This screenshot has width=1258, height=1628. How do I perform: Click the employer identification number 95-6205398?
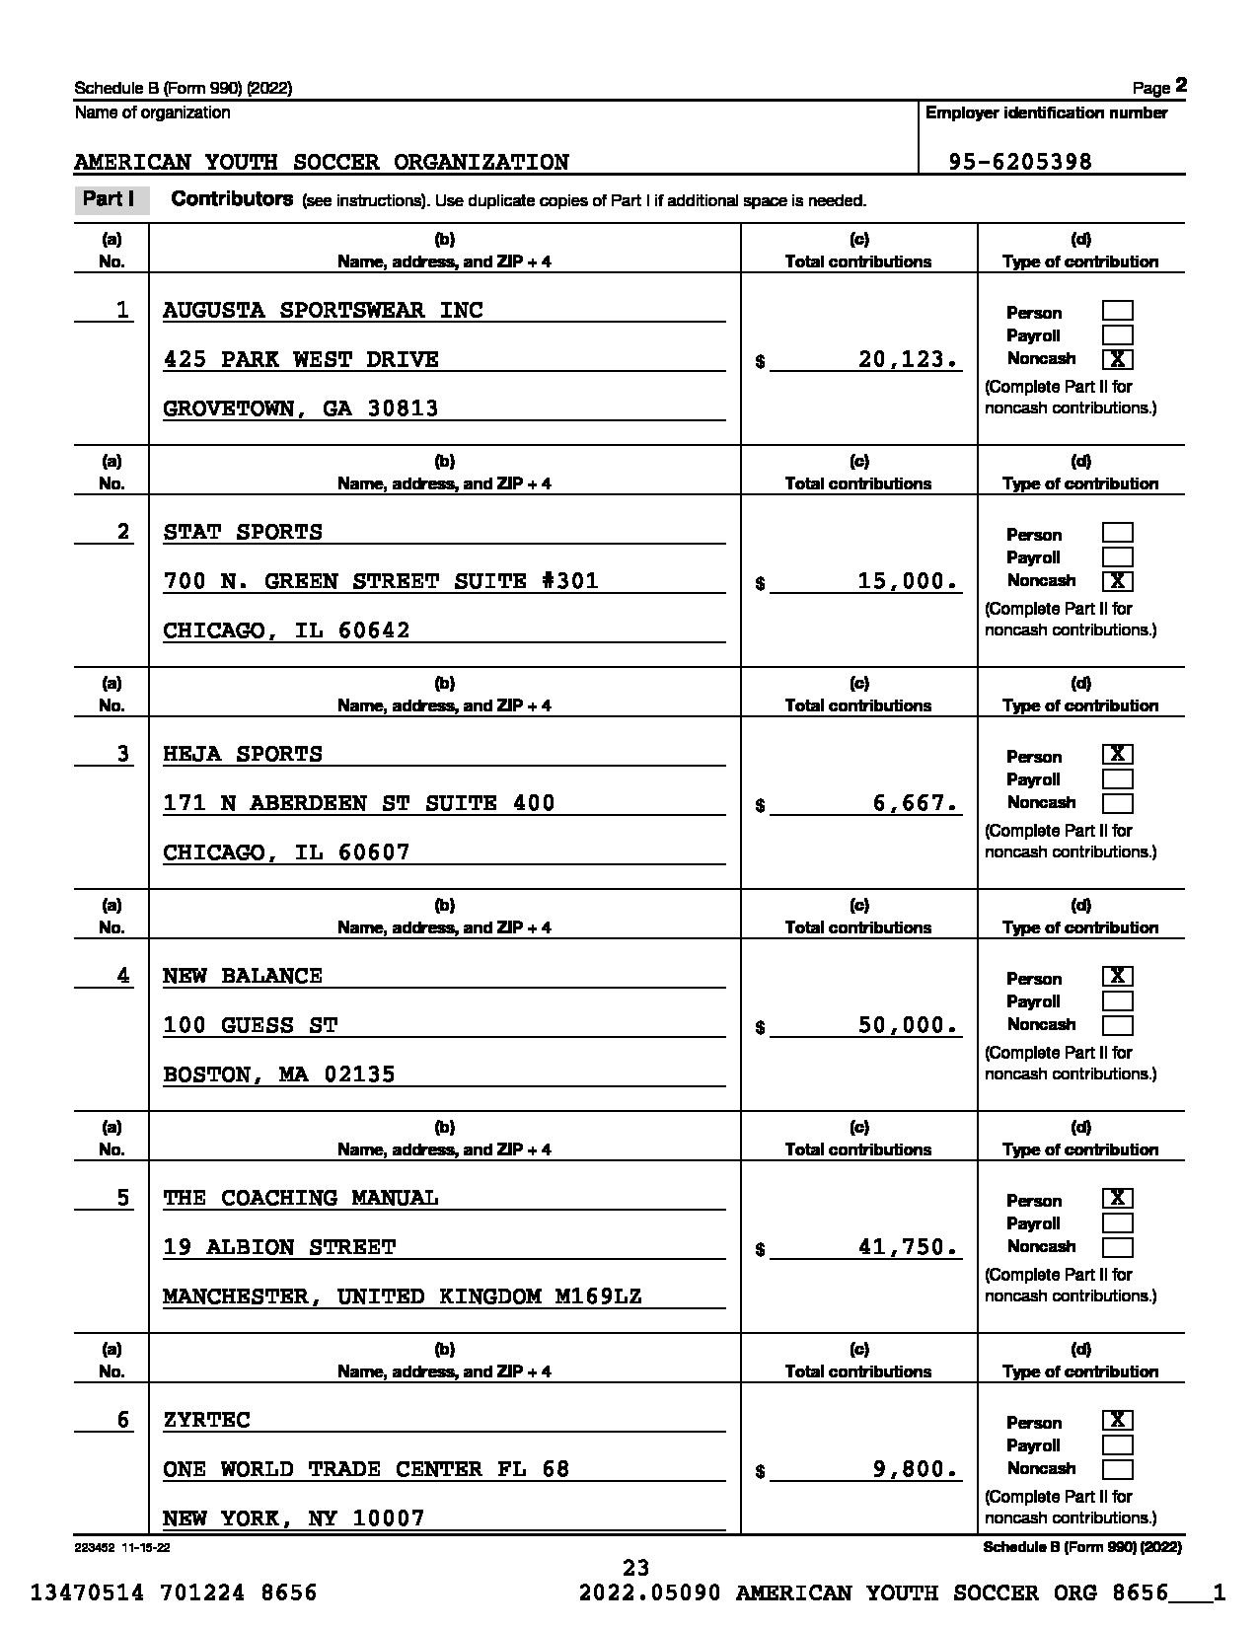(x=1020, y=162)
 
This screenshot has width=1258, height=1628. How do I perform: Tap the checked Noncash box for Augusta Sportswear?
(x=1117, y=359)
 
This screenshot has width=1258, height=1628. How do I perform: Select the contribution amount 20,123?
(x=908, y=359)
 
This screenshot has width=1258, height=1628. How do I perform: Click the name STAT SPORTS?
(x=243, y=533)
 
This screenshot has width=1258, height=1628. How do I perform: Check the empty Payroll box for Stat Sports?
(x=1117, y=557)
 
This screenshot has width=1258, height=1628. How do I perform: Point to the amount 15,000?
(x=908, y=581)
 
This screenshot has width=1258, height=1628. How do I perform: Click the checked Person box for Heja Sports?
(x=1117, y=755)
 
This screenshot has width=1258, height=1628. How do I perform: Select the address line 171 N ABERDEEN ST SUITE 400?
(x=359, y=803)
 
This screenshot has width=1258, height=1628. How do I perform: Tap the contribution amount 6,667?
(x=915, y=803)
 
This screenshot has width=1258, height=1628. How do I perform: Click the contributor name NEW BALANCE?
(x=243, y=976)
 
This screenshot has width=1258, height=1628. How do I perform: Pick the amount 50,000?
(x=908, y=1025)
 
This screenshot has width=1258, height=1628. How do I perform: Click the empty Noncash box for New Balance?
(x=1117, y=1025)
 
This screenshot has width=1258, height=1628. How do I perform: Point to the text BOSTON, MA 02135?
(x=279, y=1074)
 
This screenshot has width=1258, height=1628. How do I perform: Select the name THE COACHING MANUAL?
(x=301, y=1198)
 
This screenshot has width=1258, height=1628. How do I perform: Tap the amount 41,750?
(x=908, y=1247)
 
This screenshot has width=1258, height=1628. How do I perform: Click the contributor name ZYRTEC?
(x=207, y=1420)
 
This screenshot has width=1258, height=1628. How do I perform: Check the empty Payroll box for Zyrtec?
(x=1117, y=1445)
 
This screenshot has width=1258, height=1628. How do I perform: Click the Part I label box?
(x=110, y=199)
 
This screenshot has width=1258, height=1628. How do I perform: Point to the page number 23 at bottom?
(x=636, y=1567)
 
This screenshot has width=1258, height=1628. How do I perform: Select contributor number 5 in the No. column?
(x=122, y=1198)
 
